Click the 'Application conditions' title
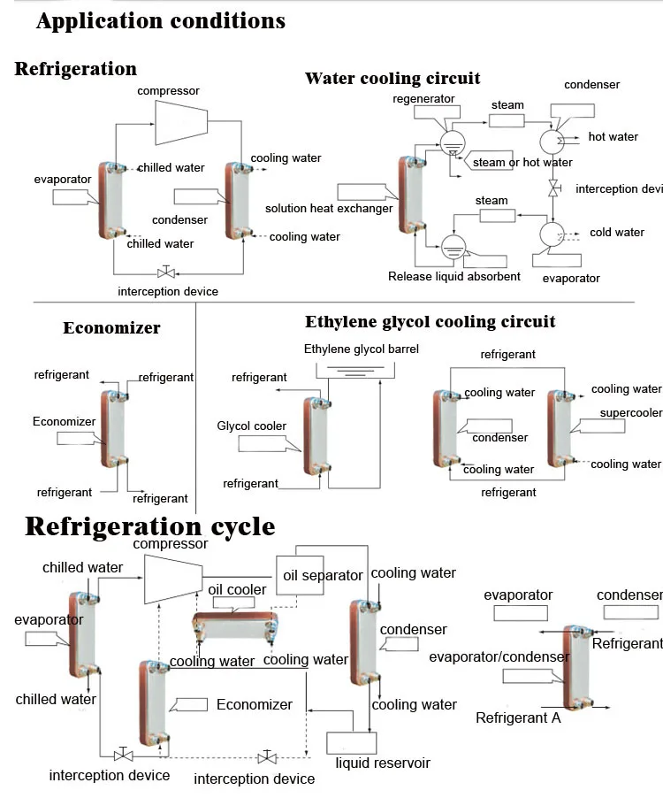pyautogui.click(x=161, y=21)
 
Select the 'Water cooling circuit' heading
pyautogui.click(x=392, y=79)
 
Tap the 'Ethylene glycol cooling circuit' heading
pyautogui.click(x=431, y=321)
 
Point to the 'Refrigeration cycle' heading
pyautogui.click(x=149, y=526)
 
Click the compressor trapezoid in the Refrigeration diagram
pyautogui.click(x=182, y=122)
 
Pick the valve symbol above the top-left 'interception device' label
pyautogui.click(x=163, y=272)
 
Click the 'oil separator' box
pyautogui.click(x=322, y=575)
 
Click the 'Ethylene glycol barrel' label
pyautogui.click(x=362, y=349)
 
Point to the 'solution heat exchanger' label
pyautogui.click(x=329, y=209)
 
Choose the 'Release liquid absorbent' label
pyautogui.click(x=454, y=276)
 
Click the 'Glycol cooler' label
pyautogui.click(x=252, y=426)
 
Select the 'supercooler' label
pyautogui.click(x=630, y=413)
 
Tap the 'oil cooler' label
pyautogui.click(x=237, y=590)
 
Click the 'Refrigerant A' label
pyautogui.click(x=518, y=718)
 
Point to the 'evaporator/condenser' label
pyautogui.click(x=499, y=656)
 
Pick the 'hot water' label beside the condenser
pyautogui.click(x=613, y=137)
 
